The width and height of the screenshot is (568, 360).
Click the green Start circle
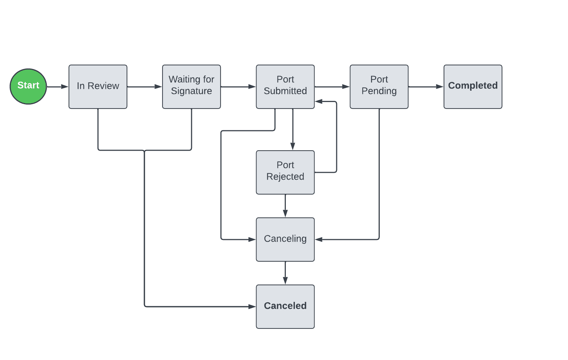(x=28, y=86)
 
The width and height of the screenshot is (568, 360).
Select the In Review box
(x=98, y=87)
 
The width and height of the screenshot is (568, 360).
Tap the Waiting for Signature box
(x=192, y=87)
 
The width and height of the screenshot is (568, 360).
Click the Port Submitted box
(x=285, y=87)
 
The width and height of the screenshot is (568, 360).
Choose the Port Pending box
(x=379, y=87)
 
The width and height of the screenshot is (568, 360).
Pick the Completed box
(x=473, y=87)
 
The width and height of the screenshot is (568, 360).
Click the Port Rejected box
(x=285, y=172)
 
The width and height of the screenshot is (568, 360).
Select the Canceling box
(x=285, y=240)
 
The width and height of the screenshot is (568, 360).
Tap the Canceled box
(x=285, y=307)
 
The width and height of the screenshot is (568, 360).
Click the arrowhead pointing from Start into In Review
(x=65, y=87)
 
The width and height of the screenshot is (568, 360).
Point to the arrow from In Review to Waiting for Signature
(x=144, y=87)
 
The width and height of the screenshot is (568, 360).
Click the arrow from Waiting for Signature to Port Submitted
(x=238, y=87)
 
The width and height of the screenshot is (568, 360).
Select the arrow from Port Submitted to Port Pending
(x=332, y=87)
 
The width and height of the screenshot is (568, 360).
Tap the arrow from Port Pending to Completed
(x=426, y=87)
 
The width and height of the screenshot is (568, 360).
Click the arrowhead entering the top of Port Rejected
(x=293, y=146)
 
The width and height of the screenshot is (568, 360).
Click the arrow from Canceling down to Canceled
(x=285, y=273)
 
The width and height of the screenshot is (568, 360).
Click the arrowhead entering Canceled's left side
(x=252, y=307)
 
